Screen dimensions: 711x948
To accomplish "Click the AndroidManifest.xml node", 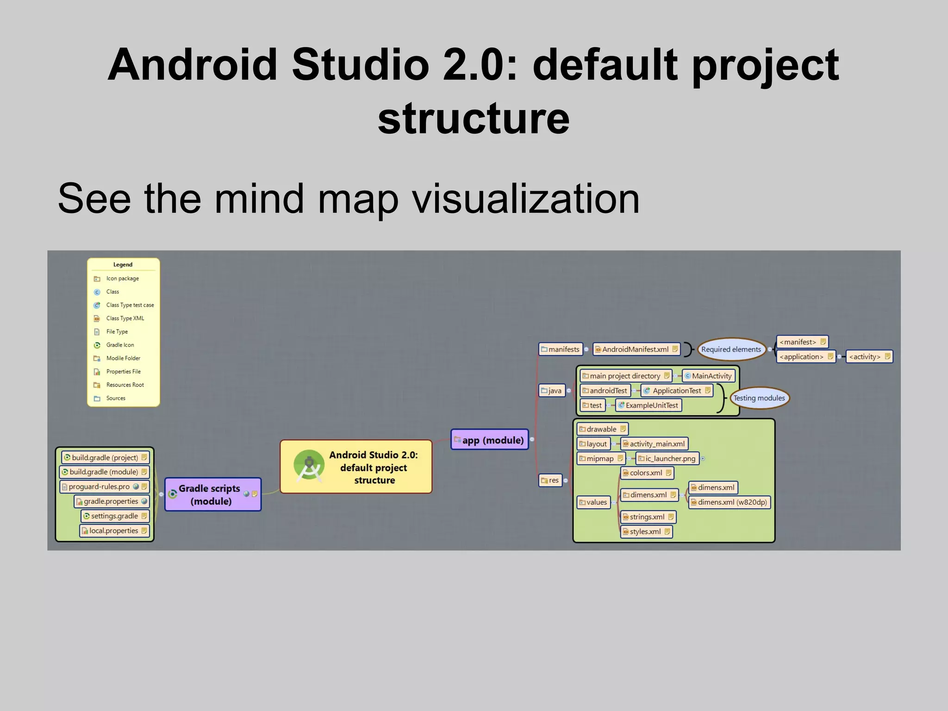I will (636, 349).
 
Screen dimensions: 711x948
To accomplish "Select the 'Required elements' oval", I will (731, 349).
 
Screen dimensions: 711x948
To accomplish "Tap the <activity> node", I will (868, 357).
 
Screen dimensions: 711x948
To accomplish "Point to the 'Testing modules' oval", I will (759, 398).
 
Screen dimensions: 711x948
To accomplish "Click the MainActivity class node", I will (709, 376).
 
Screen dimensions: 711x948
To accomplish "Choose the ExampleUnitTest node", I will (649, 405).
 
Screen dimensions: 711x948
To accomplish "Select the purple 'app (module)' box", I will (490, 440).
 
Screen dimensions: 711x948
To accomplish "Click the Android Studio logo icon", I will (309, 466).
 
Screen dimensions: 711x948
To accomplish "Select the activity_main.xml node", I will (654, 444).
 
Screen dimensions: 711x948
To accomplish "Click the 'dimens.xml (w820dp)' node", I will (729, 502).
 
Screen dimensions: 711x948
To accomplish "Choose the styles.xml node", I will (646, 532).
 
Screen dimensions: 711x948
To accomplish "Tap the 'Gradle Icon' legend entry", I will (120, 345).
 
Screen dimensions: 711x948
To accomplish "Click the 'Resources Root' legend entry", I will (125, 385).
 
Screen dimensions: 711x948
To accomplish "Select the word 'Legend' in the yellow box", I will (123, 265).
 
